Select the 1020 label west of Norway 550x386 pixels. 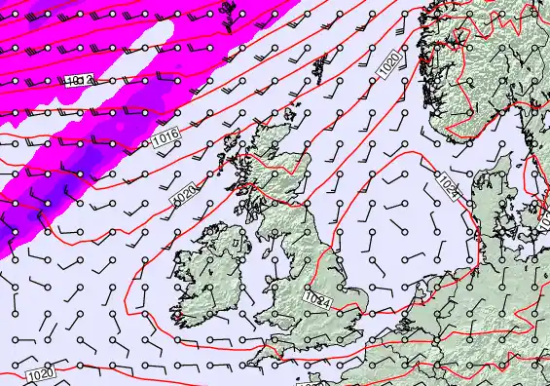tap(388, 65)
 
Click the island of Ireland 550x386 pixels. tap(209, 268)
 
